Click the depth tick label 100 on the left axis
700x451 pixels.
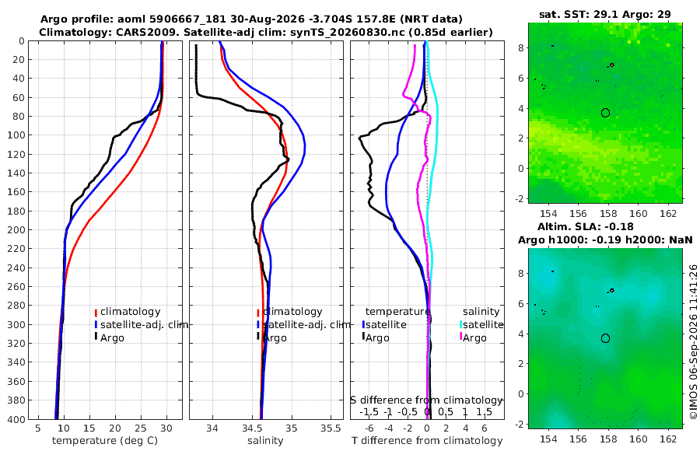coord(19,135)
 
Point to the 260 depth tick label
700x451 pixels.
coord(19,287)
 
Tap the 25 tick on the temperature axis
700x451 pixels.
coord(141,428)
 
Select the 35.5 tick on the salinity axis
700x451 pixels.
coord(331,428)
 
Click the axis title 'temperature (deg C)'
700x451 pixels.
coord(105,441)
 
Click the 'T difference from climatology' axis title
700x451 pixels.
coord(427,441)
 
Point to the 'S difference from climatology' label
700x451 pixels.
coord(426,400)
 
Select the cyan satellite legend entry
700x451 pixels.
coord(481,324)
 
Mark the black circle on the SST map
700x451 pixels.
coord(605,113)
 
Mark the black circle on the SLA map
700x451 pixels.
coord(605,338)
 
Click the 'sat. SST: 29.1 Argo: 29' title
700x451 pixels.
coord(605,14)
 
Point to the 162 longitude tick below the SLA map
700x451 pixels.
coord(668,439)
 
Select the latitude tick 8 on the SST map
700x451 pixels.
coord(520,47)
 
